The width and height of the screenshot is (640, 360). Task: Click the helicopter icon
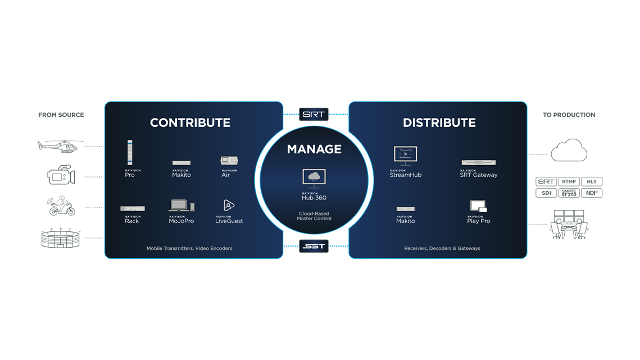tap(57, 146)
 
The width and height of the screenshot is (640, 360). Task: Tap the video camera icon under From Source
tap(60, 175)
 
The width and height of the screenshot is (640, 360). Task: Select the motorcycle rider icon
tap(62, 206)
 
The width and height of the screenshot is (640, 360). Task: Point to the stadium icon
tap(60, 238)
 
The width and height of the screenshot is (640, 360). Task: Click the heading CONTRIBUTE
tap(190, 122)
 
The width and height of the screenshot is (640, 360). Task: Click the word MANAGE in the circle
tap(314, 149)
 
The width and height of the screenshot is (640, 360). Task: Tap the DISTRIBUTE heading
tap(439, 122)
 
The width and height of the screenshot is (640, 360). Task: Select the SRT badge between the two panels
tap(313, 114)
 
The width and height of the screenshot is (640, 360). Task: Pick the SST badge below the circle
tap(313, 247)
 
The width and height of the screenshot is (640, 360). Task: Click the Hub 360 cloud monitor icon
tap(314, 177)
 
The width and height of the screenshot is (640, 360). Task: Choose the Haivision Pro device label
tap(130, 175)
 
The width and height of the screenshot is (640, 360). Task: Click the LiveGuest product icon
tap(229, 206)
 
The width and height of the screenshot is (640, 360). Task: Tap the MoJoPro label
tap(181, 221)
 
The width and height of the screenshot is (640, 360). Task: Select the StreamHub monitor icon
tap(405, 154)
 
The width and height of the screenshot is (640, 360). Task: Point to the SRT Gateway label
tap(478, 175)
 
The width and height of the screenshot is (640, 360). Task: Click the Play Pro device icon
tap(478, 206)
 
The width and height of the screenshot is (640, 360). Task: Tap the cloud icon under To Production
tap(569, 151)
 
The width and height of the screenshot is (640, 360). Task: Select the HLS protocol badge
tap(591, 182)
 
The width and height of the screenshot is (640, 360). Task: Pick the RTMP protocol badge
tap(569, 182)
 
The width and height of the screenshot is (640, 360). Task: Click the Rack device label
tap(131, 221)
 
